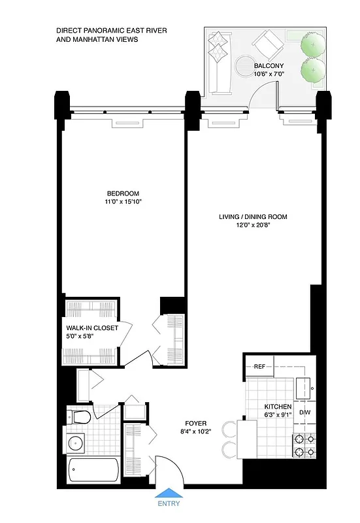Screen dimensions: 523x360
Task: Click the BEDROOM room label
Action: [123, 193]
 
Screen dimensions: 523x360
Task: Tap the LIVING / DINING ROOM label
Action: [254, 216]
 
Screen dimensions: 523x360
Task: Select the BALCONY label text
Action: [269, 65]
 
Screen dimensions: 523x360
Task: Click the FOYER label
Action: [195, 423]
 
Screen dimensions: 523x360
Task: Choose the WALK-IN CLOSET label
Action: [92, 328]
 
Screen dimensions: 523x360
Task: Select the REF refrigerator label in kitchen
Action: [259, 367]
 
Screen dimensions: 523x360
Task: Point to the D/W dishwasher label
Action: [304, 413]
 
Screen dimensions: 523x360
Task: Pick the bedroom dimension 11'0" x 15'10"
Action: [123, 202]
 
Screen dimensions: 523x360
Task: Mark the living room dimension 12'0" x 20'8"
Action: [254, 225]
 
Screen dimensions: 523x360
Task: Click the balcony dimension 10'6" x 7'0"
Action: [269, 75]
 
